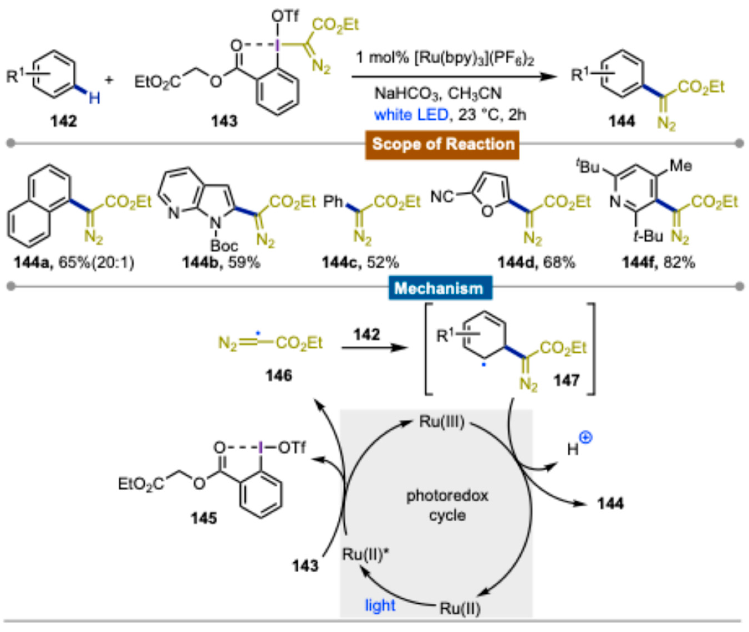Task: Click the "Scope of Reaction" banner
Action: [x=442, y=144]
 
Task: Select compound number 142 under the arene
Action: [x=63, y=121]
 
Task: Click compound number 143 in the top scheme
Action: [x=224, y=121]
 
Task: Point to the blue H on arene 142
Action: [x=94, y=98]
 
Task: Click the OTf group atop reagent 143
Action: [x=285, y=16]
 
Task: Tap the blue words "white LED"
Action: [x=411, y=115]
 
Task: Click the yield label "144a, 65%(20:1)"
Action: [x=74, y=263]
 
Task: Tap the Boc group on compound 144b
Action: [x=224, y=246]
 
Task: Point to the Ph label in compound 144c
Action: [x=333, y=202]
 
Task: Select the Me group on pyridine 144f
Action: [x=681, y=166]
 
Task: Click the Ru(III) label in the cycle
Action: [x=442, y=422]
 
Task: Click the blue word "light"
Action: [x=380, y=605]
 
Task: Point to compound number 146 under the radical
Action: [x=279, y=375]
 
